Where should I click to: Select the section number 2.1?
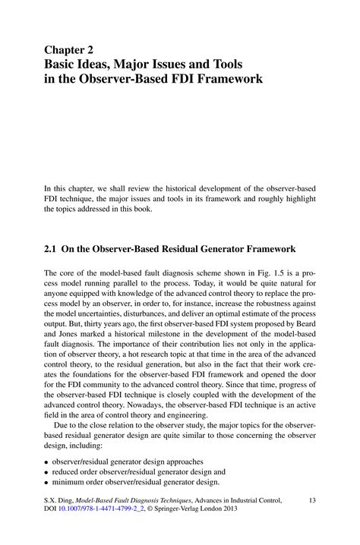pyautogui.click(x=52, y=248)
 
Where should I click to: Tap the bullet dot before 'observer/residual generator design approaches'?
pyautogui.click(x=47, y=462)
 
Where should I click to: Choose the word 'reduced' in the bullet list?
pyautogui.click(x=71, y=471)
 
